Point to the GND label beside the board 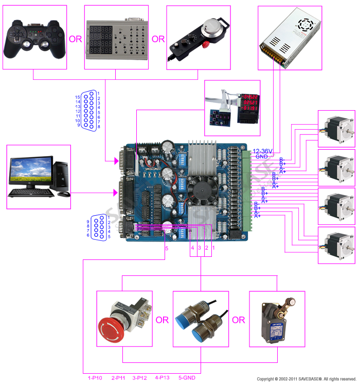tap(261, 156)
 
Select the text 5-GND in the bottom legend tap(187, 378)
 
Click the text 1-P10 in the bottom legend tap(95, 378)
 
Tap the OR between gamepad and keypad tap(75, 39)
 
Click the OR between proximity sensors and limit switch tap(238, 320)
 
